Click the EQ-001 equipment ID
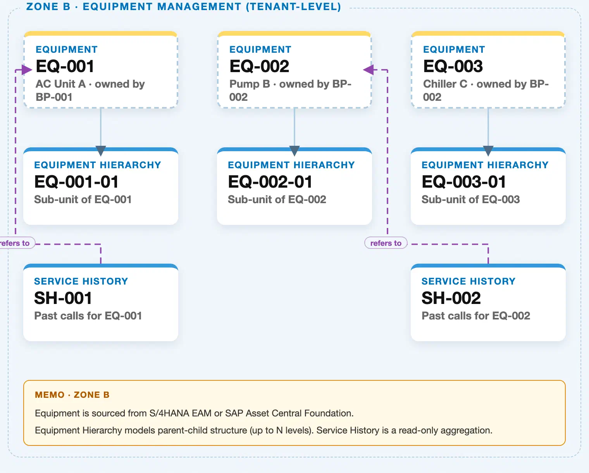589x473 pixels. click(x=65, y=66)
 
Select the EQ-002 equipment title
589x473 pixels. click(x=259, y=66)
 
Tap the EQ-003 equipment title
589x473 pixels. click(x=453, y=66)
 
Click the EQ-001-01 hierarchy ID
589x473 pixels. click(x=76, y=182)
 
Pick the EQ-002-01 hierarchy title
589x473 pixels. click(x=270, y=182)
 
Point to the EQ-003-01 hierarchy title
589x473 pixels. click(x=464, y=182)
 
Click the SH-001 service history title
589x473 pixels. click(x=63, y=298)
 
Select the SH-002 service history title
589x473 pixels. click(x=451, y=298)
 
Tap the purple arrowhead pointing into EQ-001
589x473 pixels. click(x=27, y=69)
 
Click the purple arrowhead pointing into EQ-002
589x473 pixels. click(x=369, y=69)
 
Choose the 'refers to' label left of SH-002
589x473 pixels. click(x=386, y=243)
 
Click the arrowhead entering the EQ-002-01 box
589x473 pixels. click(x=294, y=151)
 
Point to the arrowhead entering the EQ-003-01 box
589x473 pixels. click(x=488, y=151)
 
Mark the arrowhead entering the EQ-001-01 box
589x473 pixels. click(x=101, y=151)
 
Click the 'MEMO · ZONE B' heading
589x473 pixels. click(x=72, y=395)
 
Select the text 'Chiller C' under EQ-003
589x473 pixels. click(x=445, y=84)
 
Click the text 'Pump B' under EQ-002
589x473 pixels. click(x=250, y=84)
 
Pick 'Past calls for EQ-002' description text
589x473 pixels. click(x=476, y=316)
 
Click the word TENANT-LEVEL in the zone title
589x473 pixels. click(x=293, y=7)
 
